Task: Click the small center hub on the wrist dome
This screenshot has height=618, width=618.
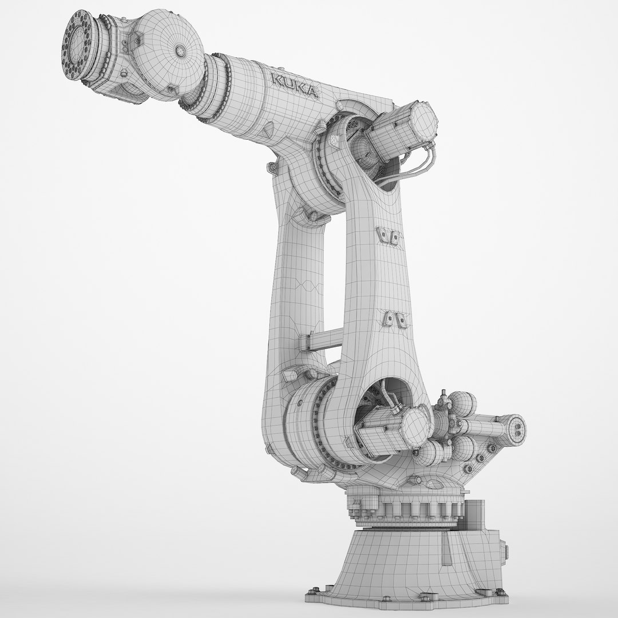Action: tap(181, 51)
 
